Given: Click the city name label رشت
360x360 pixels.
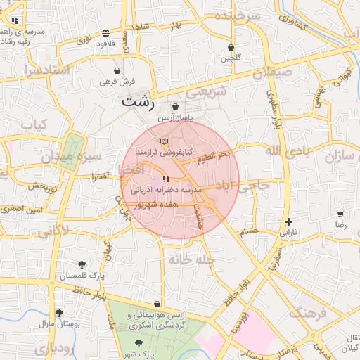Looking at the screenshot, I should click(138, 101).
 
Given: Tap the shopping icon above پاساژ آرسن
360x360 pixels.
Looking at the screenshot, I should click(175, 106).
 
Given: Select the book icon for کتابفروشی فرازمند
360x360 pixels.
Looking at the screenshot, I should click(164, 142).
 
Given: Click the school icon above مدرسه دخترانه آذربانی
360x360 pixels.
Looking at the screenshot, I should click(166, 179).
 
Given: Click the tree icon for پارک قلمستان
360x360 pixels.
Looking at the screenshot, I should click(82, 264).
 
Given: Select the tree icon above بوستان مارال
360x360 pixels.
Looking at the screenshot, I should click(59, 313).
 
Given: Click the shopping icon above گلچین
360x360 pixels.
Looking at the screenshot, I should click(231, 48).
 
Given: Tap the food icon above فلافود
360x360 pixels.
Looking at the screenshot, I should click(105, 33).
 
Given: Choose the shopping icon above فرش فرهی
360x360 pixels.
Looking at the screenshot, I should click(117, 71).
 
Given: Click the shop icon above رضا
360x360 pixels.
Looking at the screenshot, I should click(340, 214).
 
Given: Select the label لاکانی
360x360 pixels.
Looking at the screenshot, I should click(51, 230).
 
